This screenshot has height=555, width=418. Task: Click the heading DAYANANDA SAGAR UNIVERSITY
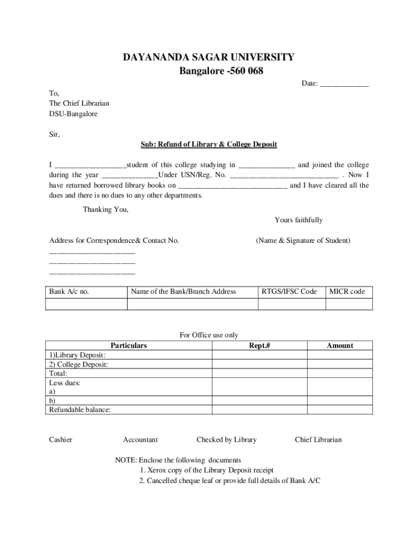click(x=208, y=57)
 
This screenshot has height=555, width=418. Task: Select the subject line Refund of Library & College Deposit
click(x=209, y=144)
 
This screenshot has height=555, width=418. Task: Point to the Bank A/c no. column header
click(x=69, y=292)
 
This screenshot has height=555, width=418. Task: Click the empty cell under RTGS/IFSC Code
click(x=292, y=304)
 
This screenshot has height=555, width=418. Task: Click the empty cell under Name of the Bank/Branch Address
click(x=192, y=304)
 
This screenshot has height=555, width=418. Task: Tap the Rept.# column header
click(x=259, y=345)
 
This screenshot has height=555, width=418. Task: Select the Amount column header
click(x=340, y=345)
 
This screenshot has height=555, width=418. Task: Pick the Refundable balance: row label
click(x=80, y=410)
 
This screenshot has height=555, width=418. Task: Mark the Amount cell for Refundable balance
click(x=340, y=410)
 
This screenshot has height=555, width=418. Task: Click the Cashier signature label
click(x=60, y=440)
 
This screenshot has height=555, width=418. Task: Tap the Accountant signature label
click(x=140, y=440)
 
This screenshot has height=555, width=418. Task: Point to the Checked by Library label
click(x=226, y=440)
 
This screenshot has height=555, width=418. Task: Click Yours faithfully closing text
click(x=299, y=220)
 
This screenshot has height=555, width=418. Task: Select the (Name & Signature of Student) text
click(x=303, y=240)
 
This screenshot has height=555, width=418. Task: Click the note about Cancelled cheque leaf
click(x=230, y=481)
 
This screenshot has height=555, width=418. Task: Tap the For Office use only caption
click(x=208, y=335)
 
